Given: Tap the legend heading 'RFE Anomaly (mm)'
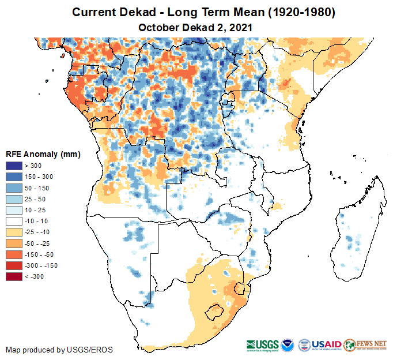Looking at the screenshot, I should pyautogui.click(x=43, y=154).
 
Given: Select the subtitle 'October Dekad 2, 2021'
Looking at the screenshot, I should pyautogui.click(x=195, y=27).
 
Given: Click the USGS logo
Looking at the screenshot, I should pyautogui.click(x=264, y=344).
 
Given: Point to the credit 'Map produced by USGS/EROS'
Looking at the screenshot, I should pyautogui.click(x=59, y=350).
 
